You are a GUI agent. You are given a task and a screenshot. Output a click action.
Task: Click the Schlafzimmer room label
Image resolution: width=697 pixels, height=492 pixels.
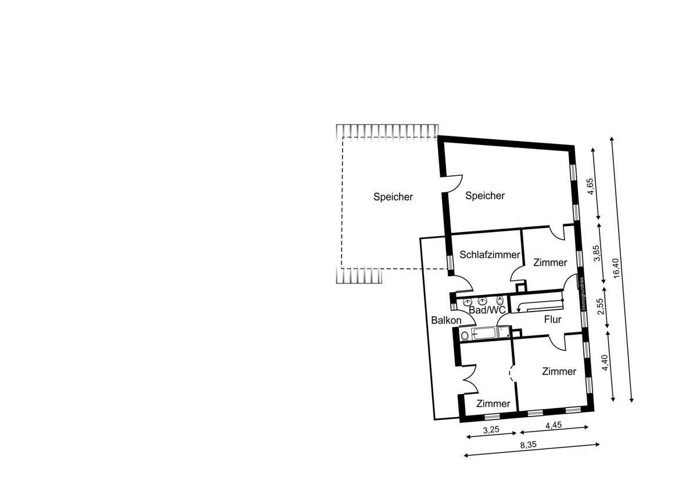pos(490,255)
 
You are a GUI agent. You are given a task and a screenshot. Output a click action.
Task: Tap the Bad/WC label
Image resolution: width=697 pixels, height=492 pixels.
pos(487,310)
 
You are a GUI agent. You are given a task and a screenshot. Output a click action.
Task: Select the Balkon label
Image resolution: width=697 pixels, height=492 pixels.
pos(446,320)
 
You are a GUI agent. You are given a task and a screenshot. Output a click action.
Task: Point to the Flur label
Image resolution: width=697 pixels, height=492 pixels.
pos(552,319)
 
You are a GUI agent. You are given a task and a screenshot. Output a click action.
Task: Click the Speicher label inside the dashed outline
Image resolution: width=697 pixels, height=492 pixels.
pos(393,197)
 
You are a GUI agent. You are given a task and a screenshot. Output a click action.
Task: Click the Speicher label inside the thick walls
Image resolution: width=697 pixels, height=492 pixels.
pos(485,196)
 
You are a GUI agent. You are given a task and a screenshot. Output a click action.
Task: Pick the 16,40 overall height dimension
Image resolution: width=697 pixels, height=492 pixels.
pos(616,268)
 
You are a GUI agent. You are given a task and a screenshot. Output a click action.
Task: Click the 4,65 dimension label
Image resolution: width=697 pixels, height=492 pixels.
pos(590,186)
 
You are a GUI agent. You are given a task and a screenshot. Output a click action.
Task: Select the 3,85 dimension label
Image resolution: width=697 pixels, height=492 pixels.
pos(597,254)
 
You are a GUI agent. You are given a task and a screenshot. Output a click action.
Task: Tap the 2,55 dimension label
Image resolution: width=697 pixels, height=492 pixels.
pos(600,306)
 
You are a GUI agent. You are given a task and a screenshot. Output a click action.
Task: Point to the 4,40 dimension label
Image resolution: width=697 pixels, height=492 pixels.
pos(605,363)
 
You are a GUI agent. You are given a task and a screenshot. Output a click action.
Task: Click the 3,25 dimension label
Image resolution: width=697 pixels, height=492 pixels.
pos(491,430)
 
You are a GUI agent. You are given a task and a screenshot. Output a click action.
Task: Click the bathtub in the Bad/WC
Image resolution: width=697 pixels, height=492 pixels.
pos(484,334)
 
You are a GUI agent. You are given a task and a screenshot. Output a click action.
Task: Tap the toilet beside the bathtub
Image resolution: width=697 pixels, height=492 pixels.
pos(465,336)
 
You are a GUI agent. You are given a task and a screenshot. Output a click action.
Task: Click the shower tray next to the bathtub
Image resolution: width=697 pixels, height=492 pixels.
pos(504,332)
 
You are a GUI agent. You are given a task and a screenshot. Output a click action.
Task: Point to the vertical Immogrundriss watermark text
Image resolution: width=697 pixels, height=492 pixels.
pos(582,294)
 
